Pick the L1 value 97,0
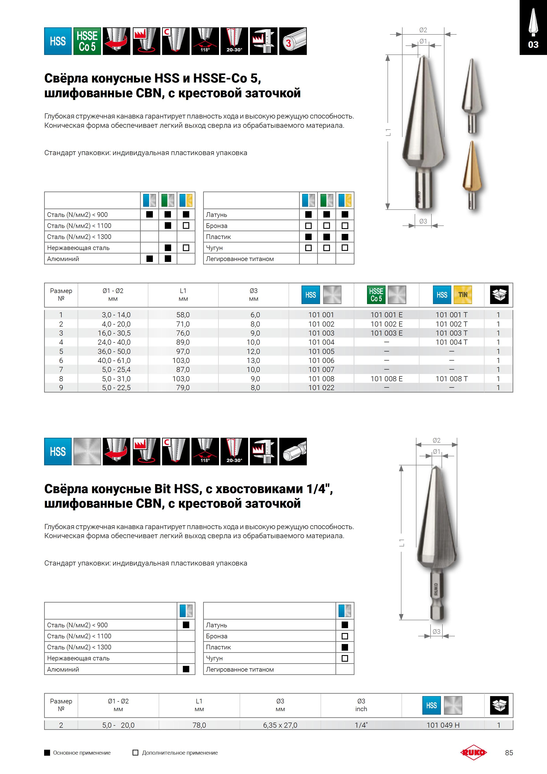point(183,351)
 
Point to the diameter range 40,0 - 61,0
point(116,360)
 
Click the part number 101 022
point(321,388)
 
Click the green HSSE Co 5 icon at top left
point(87,41)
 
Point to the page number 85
point(509,753)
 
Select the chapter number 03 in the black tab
point(533,45)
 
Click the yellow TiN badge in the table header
point(463,295)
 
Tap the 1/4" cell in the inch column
point(361,725)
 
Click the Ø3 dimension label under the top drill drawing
point(423,221)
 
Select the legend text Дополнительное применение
point(180,753)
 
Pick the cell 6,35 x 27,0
point(280,725)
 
